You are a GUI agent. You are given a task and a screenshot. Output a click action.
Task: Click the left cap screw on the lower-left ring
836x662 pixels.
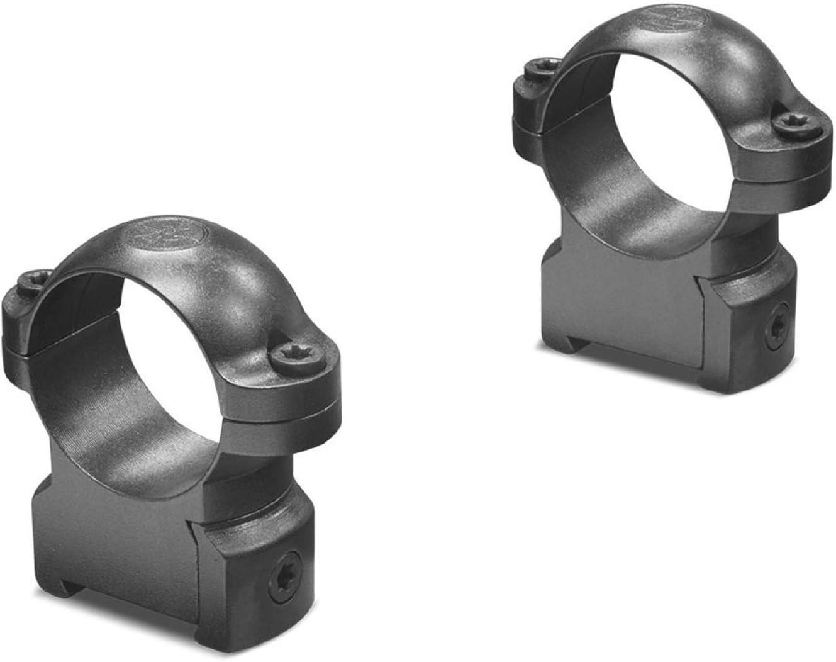click(30, 282)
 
